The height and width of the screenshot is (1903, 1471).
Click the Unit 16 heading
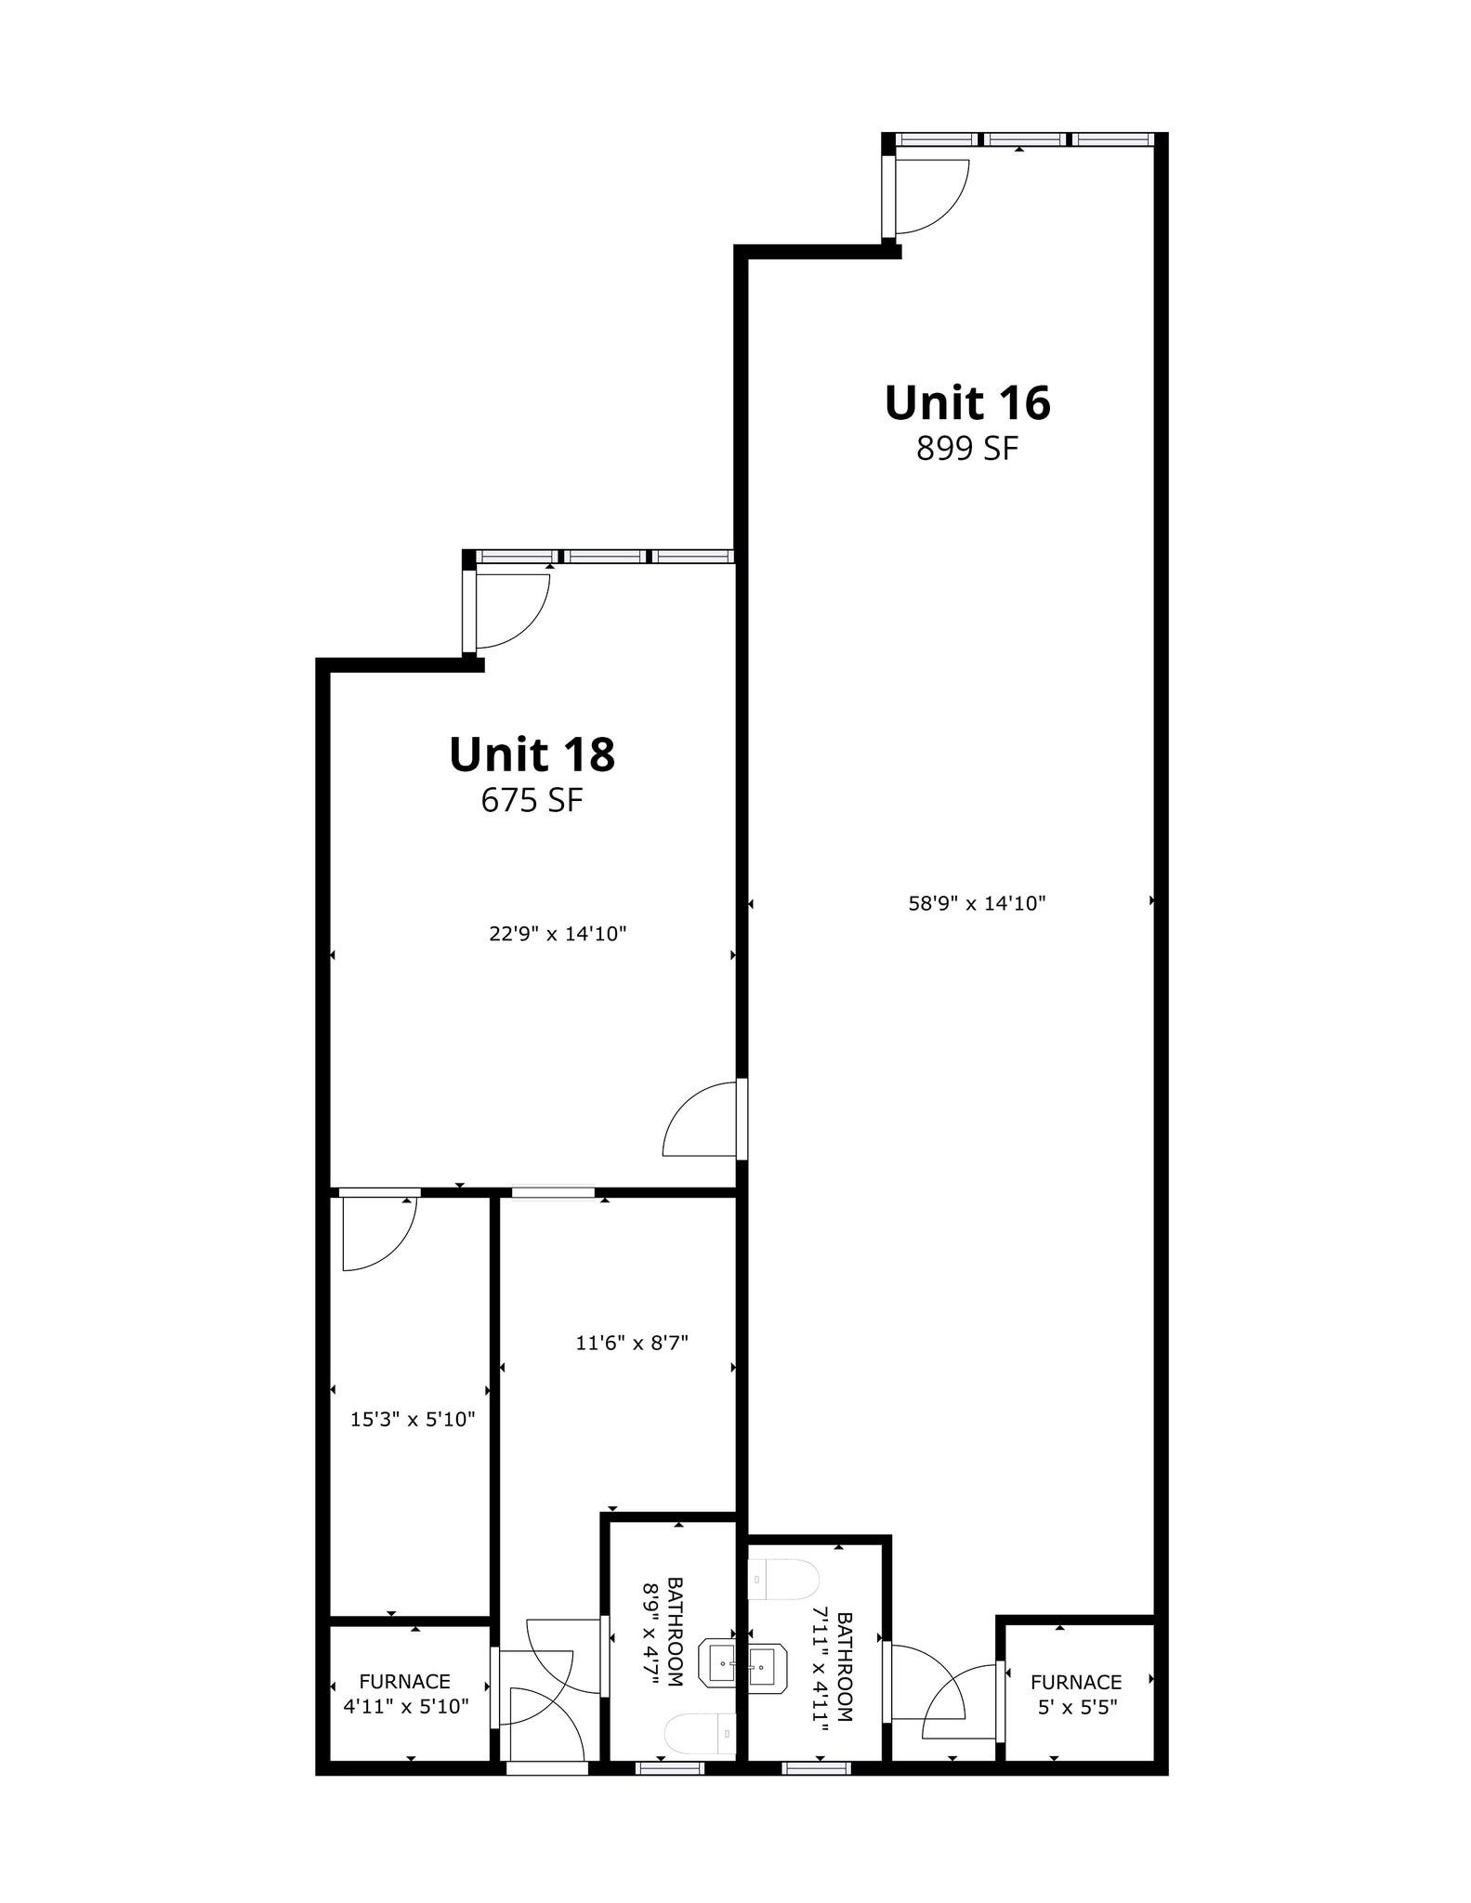[x=966, y=403]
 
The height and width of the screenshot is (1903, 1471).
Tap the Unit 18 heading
[x=532, y=755]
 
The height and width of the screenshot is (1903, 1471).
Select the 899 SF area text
[x=966, y=449]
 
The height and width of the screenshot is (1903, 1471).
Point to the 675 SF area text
[x=532, y=800]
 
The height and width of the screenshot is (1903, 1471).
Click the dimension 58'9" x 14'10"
[x=977, y=903]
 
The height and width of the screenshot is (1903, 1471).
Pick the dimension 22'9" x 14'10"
[x=558, y=934]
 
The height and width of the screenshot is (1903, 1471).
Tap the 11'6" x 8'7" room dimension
[x=632, y=1343]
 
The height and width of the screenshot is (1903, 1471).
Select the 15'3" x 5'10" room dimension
[x=413, y=1419]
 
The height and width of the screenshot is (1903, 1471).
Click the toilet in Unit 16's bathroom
[x=783, y=1580]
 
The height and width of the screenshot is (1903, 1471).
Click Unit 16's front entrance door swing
[x=929, y=197]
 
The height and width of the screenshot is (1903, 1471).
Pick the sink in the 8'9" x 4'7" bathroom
[x=722, y=1663]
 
